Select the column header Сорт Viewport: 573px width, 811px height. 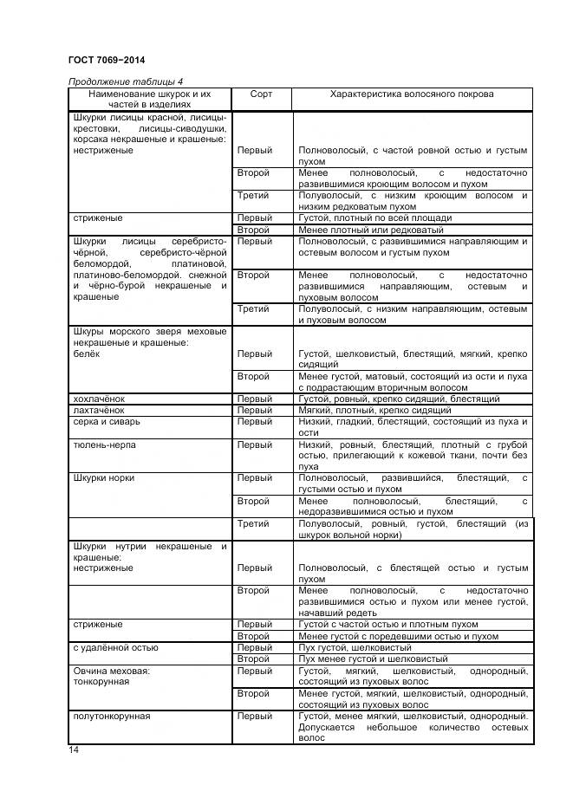tap(261, 93)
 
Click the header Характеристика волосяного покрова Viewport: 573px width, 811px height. tap(413, 93)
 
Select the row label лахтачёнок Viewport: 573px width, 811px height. tap(99, 410)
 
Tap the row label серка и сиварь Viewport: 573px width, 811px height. tap(107, 421)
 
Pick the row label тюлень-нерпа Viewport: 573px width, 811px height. tap(104, 444)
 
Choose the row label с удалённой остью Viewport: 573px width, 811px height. tap(115, 647)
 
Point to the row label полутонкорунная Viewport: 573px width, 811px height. tap(112, 716)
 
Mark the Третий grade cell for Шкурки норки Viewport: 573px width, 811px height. tap(254, 523)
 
